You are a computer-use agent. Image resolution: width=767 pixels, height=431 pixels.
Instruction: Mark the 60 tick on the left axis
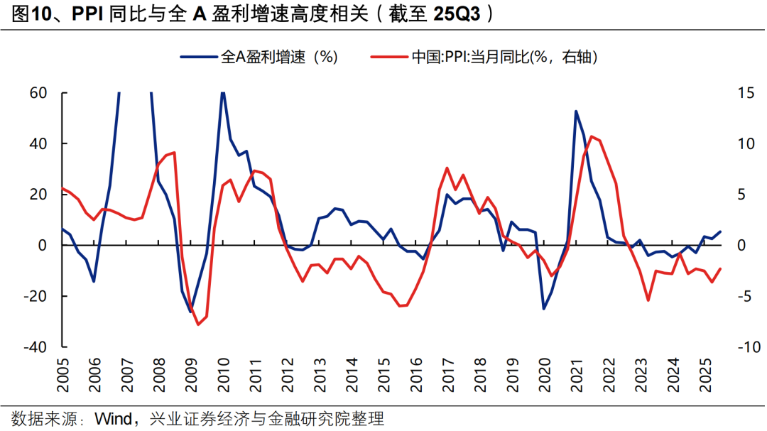coord(38,93)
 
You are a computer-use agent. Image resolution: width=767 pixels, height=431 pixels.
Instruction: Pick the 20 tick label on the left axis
coord(38,195)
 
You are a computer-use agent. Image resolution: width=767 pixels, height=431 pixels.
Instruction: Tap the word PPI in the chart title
coord(90,15)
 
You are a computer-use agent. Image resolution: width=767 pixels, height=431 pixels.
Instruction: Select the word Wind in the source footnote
coord(113,419)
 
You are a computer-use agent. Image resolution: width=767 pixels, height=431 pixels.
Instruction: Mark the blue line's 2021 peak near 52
coord(575,111)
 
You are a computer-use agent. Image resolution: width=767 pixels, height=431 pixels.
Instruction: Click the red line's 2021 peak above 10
coord(592,136)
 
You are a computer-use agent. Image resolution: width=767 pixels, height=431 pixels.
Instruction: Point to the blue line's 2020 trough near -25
coord(544,308)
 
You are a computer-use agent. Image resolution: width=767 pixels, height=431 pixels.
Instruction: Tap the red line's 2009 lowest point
coord(198,324)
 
